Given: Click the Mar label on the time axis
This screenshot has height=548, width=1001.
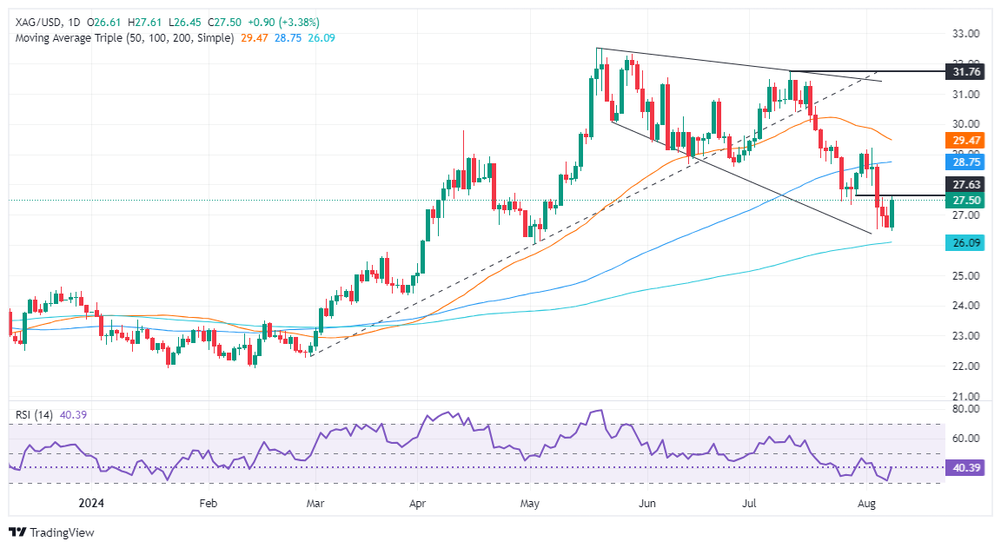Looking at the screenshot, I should [316, 503].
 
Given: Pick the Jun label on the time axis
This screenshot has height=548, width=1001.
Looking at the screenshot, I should [646, 503].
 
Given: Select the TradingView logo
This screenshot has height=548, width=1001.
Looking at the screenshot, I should [51, 532].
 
